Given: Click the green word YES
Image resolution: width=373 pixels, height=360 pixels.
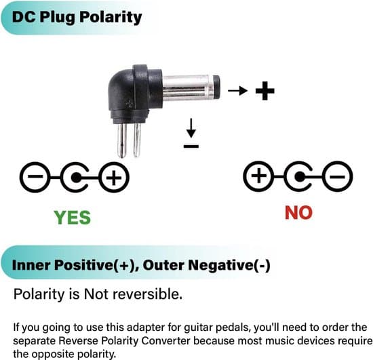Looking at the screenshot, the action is pyautogui.click(x=73, y=218).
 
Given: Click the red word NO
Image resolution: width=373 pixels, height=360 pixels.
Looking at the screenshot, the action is pyautogui.click(x=298, y=213).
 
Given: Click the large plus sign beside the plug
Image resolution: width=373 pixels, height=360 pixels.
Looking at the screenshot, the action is pyautogui.click(x=265, y=91).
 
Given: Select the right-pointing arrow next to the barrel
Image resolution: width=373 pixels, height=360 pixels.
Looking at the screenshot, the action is pyautogui.click(x=237, y=91).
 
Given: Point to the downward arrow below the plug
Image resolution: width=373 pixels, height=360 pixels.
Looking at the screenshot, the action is pyautogui.click(x=191, y=128).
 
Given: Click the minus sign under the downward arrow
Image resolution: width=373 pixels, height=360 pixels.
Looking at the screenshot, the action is pyautogui.click(x=191, y=146).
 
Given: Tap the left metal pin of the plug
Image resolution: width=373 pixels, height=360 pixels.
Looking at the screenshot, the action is pyautogui.click(x=122, y=140).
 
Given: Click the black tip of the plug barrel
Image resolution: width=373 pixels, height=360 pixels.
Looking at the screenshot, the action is pyautogui.click(x=216, y=87).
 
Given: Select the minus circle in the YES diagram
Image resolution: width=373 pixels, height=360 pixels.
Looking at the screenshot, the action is pyautogui.click(x=35, y=177).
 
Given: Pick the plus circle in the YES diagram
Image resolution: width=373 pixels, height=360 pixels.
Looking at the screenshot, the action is pyautogui.click(x=114, y=177).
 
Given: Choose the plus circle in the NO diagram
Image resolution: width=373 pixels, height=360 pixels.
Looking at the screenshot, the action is pyautogui.click(x=259, y=176).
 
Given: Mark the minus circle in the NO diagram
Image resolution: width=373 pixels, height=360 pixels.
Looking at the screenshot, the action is pyautogui.click(x=337, y=176).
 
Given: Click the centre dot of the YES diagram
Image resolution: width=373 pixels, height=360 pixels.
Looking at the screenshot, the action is pyautogui.click(x=76, y=178).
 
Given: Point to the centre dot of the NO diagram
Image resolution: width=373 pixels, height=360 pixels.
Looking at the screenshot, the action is pyautogui.click(x=299, y=177).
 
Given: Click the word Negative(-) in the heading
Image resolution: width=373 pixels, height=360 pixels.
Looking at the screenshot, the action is pyautogui.click(x=229, y=265).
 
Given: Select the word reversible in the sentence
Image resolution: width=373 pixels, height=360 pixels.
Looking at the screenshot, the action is pyautogui.click(x=147, y=294).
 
